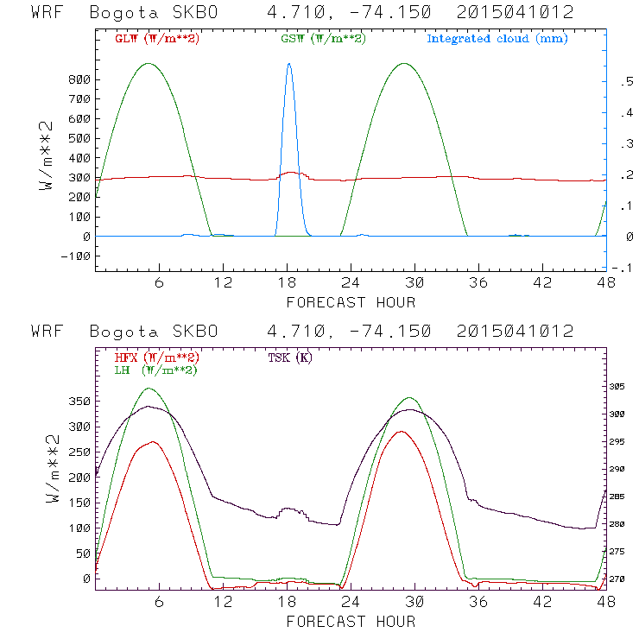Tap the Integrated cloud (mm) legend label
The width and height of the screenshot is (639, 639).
point(497,39)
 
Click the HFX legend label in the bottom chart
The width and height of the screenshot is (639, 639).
point(157,357)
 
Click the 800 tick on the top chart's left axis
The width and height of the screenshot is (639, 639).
point(79,79)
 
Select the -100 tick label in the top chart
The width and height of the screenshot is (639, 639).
point(76,256)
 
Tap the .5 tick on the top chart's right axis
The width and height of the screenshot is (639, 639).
point(623,81)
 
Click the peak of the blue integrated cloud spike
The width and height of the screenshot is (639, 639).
point(288,64)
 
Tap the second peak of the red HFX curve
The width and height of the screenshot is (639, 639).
point(401,431)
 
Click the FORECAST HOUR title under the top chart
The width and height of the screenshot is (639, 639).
point(351,302)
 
